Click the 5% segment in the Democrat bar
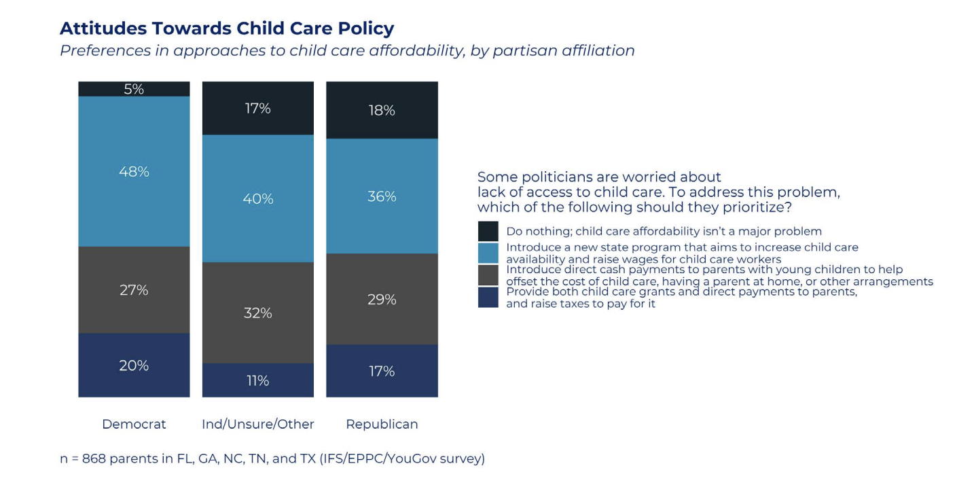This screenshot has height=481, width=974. [134, 89]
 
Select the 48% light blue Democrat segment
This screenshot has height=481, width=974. [134, 171]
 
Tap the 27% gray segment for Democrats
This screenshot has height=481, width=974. [134, 289]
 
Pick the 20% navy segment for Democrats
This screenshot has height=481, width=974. [134, 365]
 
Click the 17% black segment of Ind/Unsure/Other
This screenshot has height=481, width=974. [258, 108]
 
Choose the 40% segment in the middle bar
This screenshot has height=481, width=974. [258, 198]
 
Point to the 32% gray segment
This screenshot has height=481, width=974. [258, 313]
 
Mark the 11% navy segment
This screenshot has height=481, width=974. [258, 380]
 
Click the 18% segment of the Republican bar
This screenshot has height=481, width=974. [382, 110]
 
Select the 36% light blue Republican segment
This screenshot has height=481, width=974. [382, 196]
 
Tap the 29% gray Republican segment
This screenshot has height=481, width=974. [382, 299]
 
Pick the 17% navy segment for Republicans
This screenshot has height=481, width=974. [382, 371]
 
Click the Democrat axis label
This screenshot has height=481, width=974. [134, 424]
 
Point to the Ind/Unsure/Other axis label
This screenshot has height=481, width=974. [258, 424]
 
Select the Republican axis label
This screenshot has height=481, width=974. [382, 424]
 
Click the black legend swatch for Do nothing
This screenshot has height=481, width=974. [488, 231]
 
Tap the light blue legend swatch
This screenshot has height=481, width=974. [488, 253]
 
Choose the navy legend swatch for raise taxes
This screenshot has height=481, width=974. [488, 298]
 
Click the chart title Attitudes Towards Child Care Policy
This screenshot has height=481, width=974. [227, 29]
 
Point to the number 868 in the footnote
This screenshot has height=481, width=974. [94, 459]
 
